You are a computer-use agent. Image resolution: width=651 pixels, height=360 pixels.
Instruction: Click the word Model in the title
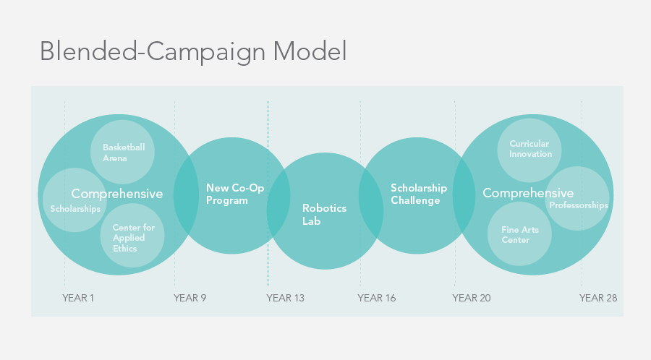pyautogui.click(x=310, y=51)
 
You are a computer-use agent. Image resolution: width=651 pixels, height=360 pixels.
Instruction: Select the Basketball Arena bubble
pyautogui.click(x=122, y=153)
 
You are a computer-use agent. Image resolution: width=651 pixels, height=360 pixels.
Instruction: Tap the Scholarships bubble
pyautogui.click(x=75, y=200)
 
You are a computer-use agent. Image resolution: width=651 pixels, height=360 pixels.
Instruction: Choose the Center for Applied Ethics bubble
pyautogui.click(x=132, y=236)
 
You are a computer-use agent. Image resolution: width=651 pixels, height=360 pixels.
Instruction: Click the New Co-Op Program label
pyautogui.click(x=235, y=194)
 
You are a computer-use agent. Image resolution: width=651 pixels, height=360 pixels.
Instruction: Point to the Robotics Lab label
pyautogui.click(x=324, y=215)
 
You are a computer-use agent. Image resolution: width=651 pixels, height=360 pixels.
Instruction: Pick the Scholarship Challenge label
pyautogui.click(x=419, y=194)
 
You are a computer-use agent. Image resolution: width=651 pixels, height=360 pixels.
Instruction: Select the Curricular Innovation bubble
pyautogui.click(x=529, y=150)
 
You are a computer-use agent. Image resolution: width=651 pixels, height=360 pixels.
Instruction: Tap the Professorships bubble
pyautogui.click(x=577, y=199)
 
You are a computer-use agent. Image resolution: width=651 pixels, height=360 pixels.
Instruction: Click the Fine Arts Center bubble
pyautogui.click(x=520, y=234)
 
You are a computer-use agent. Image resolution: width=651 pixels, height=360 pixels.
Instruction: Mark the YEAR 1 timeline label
pyautogui.click(x=78, y=298)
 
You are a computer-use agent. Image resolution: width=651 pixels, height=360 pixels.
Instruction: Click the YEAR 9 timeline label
pyautogui.click(x=190, y=298)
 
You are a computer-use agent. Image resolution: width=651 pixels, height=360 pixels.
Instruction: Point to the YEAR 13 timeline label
pyautogui.click(x=285, y=298)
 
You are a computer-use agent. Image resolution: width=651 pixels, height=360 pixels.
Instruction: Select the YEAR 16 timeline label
pyautogui.click(x=377, y=298)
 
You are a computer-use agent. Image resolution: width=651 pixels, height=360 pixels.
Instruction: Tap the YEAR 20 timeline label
pyautogui.click(x=471, y=298)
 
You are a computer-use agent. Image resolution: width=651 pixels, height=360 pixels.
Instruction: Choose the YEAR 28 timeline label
pyautogui.click(x=598, y=298)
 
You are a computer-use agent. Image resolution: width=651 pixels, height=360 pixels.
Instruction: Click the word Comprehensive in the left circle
pyautogui.click(x=117, y=194)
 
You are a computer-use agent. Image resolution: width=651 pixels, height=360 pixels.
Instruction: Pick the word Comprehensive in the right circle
pyautogui.click(x=528, y=193)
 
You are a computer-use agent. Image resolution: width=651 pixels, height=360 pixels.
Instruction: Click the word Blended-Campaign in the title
pyautogui.click(x=153, y=52)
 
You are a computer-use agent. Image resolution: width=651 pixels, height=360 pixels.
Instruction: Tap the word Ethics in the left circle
pyautogui.click(x=124, y=249)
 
